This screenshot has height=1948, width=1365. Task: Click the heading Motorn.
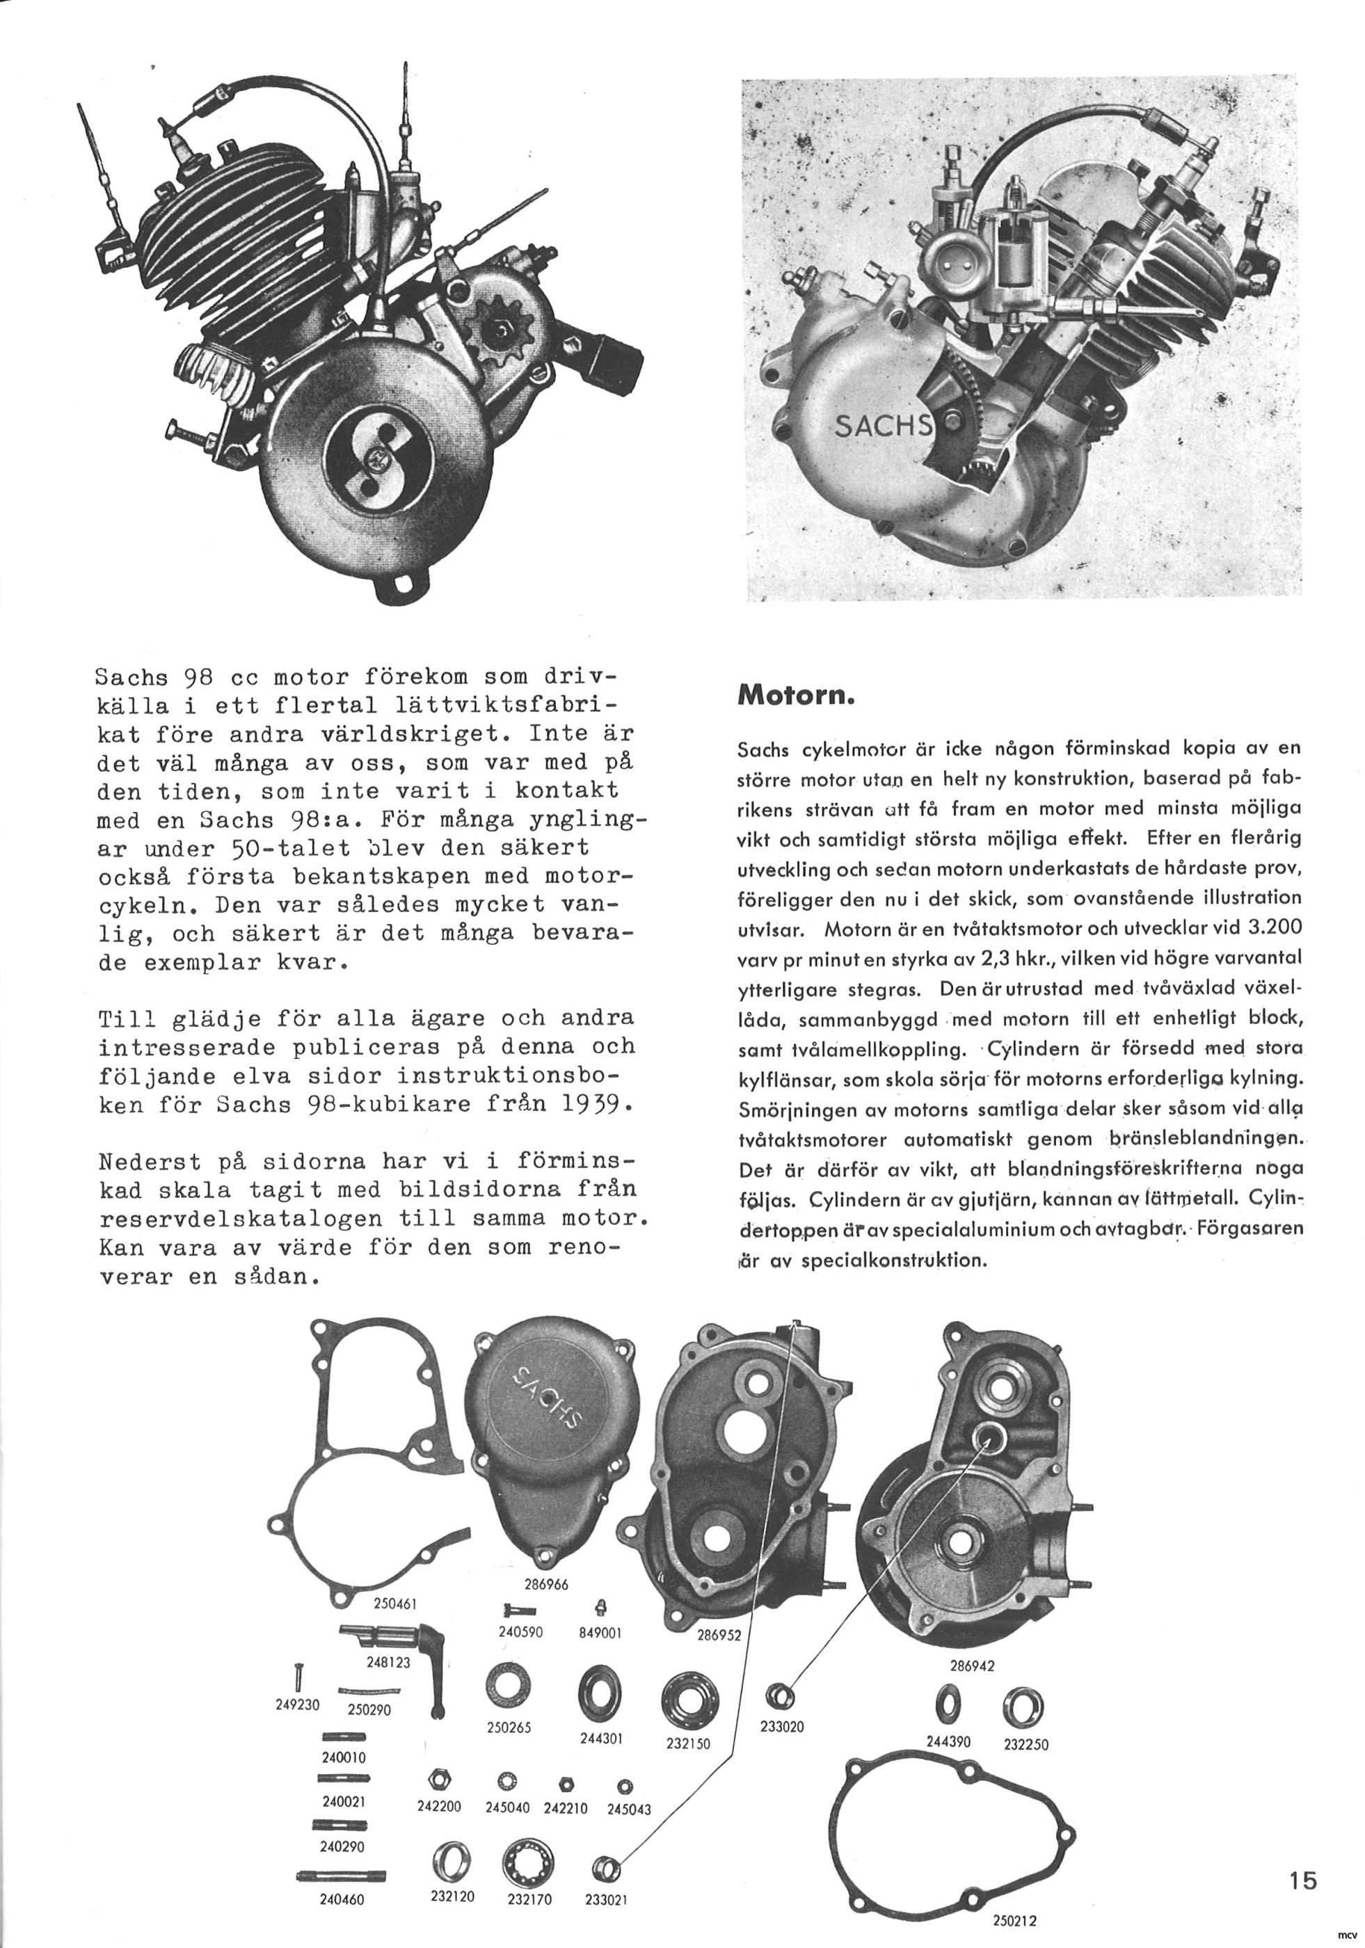[793, 696]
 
